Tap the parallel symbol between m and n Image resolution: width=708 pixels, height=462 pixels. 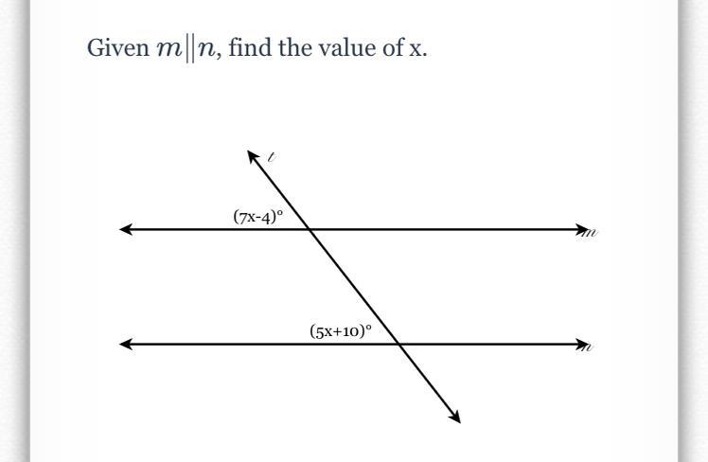coord(187,49)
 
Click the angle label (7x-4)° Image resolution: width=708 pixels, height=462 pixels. coord(258,217)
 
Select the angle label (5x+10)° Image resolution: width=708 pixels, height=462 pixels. coord(341,331)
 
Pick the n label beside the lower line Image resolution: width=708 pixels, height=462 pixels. coord(589,347)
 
